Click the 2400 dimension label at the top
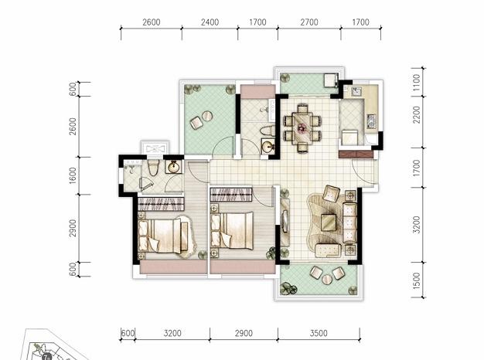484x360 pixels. (210, 22)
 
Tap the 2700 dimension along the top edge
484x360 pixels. (309, 22)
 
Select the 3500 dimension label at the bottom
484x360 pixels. (319, 333)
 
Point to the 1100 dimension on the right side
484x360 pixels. (417, 82)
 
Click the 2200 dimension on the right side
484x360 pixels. (417, 114)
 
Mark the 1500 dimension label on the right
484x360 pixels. (417, 280)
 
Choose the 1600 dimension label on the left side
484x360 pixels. (73, 175)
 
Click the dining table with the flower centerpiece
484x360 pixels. (302, 127)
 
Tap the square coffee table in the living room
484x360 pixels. (329, 222)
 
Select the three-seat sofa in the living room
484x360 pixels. (349, 222)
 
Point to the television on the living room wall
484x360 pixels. (285, 221)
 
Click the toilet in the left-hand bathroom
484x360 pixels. (152, 168)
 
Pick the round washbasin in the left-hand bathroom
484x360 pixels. (173, 168)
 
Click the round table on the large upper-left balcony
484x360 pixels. (206, 117)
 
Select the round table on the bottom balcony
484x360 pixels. (327, 280)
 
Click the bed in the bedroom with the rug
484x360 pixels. (162, 236)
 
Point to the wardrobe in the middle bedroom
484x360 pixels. (231, 195)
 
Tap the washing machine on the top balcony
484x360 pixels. (330, 80)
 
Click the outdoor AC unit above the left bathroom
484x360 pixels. (155, 148)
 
